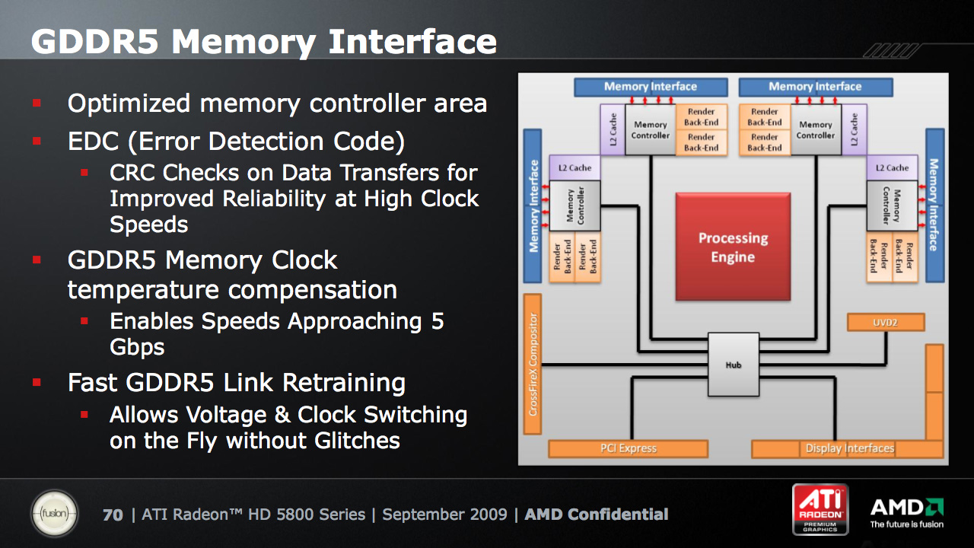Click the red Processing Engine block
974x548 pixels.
pyautogui.click(x=733, y=246)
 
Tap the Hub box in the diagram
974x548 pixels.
pyautogui.click(x=733, y=365)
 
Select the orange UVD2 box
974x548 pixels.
pyautogui.click(x=886, y=322)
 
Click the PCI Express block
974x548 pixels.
pyautogui.click(x=628, y=448)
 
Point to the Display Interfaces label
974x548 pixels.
pyautogui.click(x=849, y=448)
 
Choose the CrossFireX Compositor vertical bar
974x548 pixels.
pyautogui.click(x=533, y=364)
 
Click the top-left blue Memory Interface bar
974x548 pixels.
pyautogui.click(x=650, y=87)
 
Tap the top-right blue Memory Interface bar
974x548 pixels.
pyautogui.click(x=815, y=87)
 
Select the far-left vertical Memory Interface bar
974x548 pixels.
pyautogui.click(x=533, y=205)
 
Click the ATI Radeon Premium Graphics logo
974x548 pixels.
pyautogui.click(x=820, y=508)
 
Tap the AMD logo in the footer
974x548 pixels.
pyautogui.click(x=906, y=512)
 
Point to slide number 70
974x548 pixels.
pyautogui.click(x=113, y=515)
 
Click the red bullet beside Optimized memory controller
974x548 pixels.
pyautogui.click(x=37, y=103)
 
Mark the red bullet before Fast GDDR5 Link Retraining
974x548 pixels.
pyautogui.click(x=37, y=382)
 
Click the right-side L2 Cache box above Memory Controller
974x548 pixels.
pyautogui.click(x=892, y=167)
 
